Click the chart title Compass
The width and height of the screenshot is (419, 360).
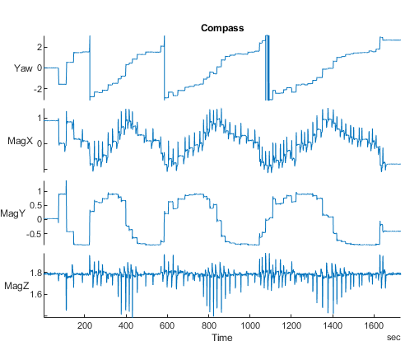coord(222,28)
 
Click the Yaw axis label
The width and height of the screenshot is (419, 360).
coord(24,68)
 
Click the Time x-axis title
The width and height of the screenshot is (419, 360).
coord(222,338)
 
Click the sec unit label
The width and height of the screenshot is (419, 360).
coord(393,338)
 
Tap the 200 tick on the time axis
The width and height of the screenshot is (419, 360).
coord(85,326)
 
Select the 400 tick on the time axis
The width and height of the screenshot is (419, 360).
coord(126,326)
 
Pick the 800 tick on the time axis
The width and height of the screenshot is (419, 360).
coord(208,326)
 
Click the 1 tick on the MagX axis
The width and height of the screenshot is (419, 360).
coord(38,120)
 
